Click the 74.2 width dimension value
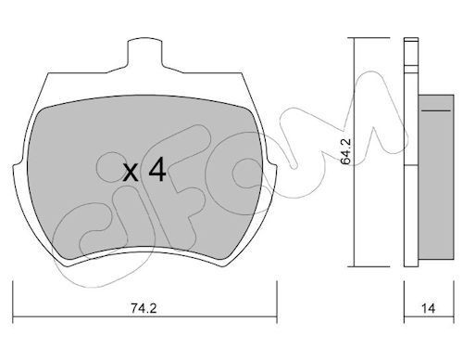click(x=144, y=308)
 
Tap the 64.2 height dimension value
click(x=345, y=151)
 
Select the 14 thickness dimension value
click(x=428, y=308)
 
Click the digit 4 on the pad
click(x=157, y=170)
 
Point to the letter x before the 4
click(x=131, y=174)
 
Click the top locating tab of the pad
click(x=144, y=53)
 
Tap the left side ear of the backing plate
click(x=18, y=169)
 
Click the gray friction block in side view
click(x=436, y=177)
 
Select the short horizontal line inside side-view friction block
click(x=436, y=110)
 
